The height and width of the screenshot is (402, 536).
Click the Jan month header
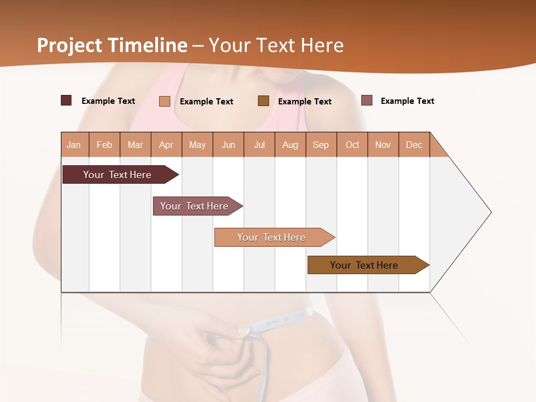[x=74, y=145]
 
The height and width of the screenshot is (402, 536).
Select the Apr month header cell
[x=166, y=145]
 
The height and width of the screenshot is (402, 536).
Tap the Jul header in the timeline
[x=259, y=145]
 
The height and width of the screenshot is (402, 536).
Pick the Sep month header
[x=320, y=145]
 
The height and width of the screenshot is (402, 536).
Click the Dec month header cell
[x=414, y=145]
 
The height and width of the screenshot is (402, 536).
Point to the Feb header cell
[x=104, y=145]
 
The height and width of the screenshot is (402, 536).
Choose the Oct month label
[x=352, y=145]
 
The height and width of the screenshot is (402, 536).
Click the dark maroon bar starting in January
[x=117, y=175]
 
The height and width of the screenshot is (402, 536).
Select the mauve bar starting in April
[x=194, y=206]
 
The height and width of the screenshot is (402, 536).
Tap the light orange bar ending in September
[x=271, y=237]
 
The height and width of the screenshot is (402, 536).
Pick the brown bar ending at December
[x=364, y=265]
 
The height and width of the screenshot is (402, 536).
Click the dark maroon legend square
[x=66, y=100]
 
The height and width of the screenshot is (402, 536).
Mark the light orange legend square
[x=165, y=101]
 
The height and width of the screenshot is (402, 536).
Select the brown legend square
[x=264, y=100]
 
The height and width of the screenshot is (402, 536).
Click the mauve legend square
[x=367, y=100]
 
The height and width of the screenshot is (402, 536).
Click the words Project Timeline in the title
[x=112, y=45]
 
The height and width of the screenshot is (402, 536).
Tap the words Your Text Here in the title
[x=276, y=45]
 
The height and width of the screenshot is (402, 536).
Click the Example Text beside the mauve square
[x=407, y=101]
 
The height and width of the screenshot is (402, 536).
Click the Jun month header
[x=228, y=145]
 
